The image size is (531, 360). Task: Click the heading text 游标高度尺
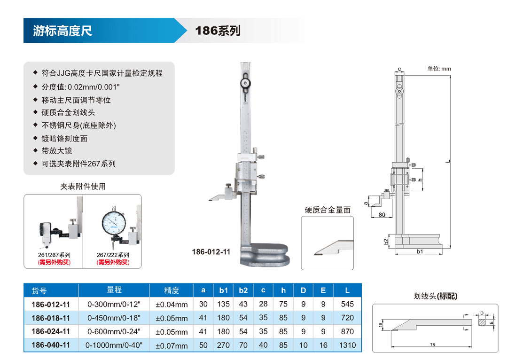pyautogui.click(x=62, y=31)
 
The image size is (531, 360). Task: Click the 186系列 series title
pyautogui.click(x=218, y=31)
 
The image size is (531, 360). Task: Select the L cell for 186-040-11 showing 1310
pyautogui.click(x=347, y=345)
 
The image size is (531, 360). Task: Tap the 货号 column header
pyautogui.click(x=39, y=290)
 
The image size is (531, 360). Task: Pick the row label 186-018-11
pyautogui.click(x=51, y=318)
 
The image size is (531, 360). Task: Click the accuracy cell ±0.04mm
pyautogui.click(x=172, y=305)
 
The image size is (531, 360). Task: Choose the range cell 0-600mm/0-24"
pyautogui.click(x=114, y=331)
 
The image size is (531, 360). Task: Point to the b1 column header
pyautogui.click(x=224, y=290)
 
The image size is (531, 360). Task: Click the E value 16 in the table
pyautogui.click(x=323, y=345)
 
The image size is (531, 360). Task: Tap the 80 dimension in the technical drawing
pyautogui.click(x=382, y=215)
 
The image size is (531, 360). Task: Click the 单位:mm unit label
pyautogui.click(x=439, y=69)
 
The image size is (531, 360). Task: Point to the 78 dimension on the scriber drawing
pyautogui.click(x=432, y=344)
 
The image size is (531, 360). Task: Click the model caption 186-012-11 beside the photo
pyautogui.click(x=211, y=252)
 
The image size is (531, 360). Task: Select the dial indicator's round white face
pyautogui.click(x=114, y=222)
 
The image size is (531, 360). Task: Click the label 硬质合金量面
pyautogui.click(x=328, y=210)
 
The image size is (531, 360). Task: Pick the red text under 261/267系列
pyautogui.click(x=54, y=262)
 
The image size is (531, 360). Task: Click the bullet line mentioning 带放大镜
pyautogui.click(x=56, y=151)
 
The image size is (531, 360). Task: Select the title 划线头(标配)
pyautogui.click(x=435, y=296)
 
